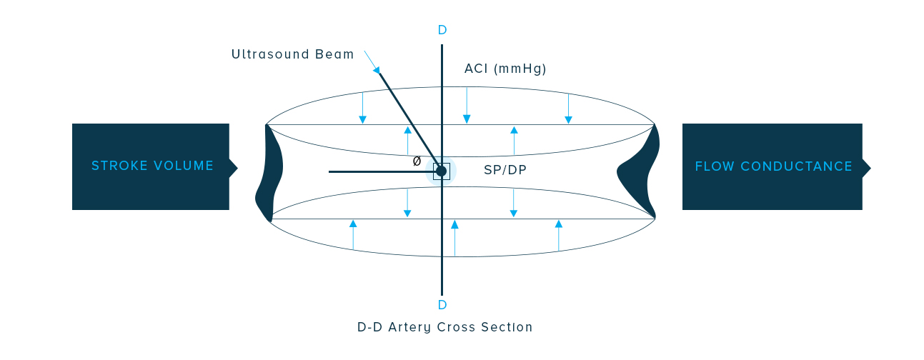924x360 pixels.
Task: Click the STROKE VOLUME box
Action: pos(151,166)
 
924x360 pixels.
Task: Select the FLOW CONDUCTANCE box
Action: pos(772,166)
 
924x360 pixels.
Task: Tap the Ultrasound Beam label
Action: pos(292,54)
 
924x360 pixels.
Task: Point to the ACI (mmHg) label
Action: pos(505,69)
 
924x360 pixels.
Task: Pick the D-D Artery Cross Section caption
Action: pos(444,327)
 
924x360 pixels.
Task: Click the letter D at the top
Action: pos(442,30)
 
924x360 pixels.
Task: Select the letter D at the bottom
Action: pos(442,305)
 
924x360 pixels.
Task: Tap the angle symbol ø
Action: pos(417,161)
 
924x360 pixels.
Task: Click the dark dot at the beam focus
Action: pos(441,171)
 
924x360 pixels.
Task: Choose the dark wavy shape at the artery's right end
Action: pos(640,171)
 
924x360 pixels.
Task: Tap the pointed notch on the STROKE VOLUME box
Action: pos(233,166)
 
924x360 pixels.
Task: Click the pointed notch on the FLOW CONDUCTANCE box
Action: pos(866,167)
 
